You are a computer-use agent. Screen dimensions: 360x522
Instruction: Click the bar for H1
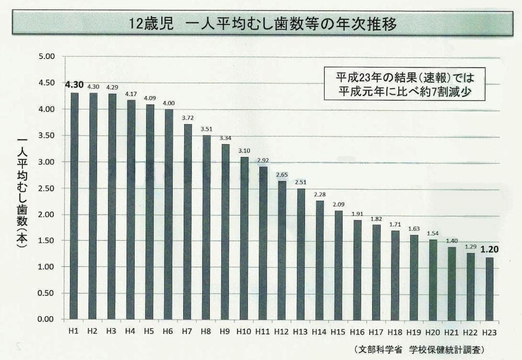pos(74,206)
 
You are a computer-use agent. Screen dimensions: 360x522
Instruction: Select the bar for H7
pos(187,222)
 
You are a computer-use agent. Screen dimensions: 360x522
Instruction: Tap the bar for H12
pos(282,250)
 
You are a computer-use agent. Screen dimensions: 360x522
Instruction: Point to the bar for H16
pos(358,269)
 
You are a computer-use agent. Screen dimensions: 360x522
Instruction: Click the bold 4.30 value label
pos(74,84)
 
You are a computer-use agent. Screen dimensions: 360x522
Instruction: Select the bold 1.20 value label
pos(489,249)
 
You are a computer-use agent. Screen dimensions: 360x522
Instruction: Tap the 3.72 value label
pos(187,118)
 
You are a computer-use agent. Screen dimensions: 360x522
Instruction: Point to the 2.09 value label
pos(339,205)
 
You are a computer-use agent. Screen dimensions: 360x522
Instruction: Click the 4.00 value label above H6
pos(169,103)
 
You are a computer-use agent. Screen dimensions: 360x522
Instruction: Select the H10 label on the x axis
pos(244,331)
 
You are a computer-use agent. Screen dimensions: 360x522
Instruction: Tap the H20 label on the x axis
pos(433,331)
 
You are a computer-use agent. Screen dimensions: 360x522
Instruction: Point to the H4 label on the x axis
pos(130,331)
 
